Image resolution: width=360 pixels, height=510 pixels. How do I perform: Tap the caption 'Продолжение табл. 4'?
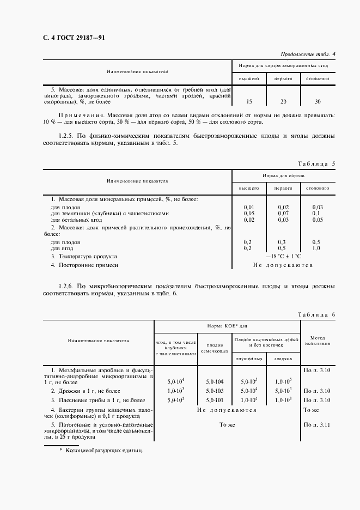coord(308,54)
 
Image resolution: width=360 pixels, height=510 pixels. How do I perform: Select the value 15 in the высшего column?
coord(249,101)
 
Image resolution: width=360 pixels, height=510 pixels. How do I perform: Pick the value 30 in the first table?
coord(318,101)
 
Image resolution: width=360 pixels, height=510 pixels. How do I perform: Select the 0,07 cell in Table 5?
coord(283,214)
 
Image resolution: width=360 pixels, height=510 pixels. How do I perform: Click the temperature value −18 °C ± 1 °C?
coord(283,256)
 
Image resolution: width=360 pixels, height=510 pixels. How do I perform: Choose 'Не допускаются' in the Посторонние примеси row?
coord(283,265)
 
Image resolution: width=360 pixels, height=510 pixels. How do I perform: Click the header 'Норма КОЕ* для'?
coord(227,326)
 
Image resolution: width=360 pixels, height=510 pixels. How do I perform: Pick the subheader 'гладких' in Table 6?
coord(283,359)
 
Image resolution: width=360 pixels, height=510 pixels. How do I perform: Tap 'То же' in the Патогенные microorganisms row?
coord(227,424)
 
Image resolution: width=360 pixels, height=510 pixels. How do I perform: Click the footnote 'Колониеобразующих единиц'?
coord(103,451)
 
